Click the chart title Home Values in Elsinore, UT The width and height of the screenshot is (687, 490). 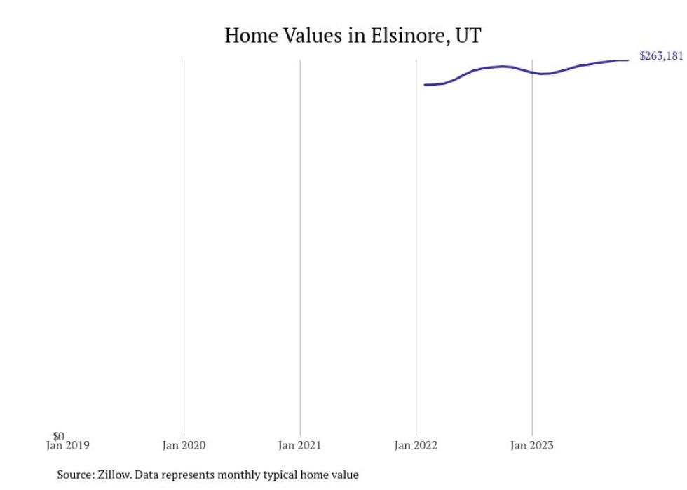(353, 35)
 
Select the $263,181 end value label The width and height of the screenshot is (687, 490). (660, 57)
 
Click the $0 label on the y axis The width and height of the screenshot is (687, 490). (59, 436)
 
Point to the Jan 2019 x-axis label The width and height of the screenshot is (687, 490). (68, 445)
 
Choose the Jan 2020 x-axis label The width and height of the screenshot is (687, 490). (184, 445)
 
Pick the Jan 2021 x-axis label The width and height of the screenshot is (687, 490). (300, 445)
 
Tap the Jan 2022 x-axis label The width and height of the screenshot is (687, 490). (416, 445)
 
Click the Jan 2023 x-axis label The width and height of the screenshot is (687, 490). (531, 445)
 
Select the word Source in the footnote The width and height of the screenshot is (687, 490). (74, 475)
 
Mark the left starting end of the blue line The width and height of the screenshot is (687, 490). (425, 85)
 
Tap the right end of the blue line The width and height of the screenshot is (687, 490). (627, 60)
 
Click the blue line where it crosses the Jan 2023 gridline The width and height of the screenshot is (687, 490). (532, 72)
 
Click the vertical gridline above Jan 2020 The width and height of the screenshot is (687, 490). (184, 245)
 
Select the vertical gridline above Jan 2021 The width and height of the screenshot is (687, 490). (300, 245)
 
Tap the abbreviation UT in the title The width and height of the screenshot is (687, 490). (468, 35)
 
